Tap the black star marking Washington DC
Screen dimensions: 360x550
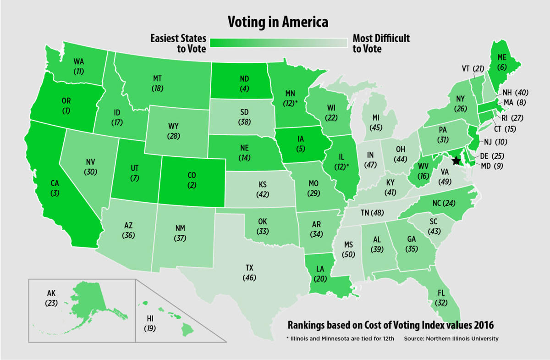456,161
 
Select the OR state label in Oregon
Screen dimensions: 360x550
66,101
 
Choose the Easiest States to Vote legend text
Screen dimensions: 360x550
178,43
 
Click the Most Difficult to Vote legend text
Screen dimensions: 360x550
381,43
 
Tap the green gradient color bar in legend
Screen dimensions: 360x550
279,43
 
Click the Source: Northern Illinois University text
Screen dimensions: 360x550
451,339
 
